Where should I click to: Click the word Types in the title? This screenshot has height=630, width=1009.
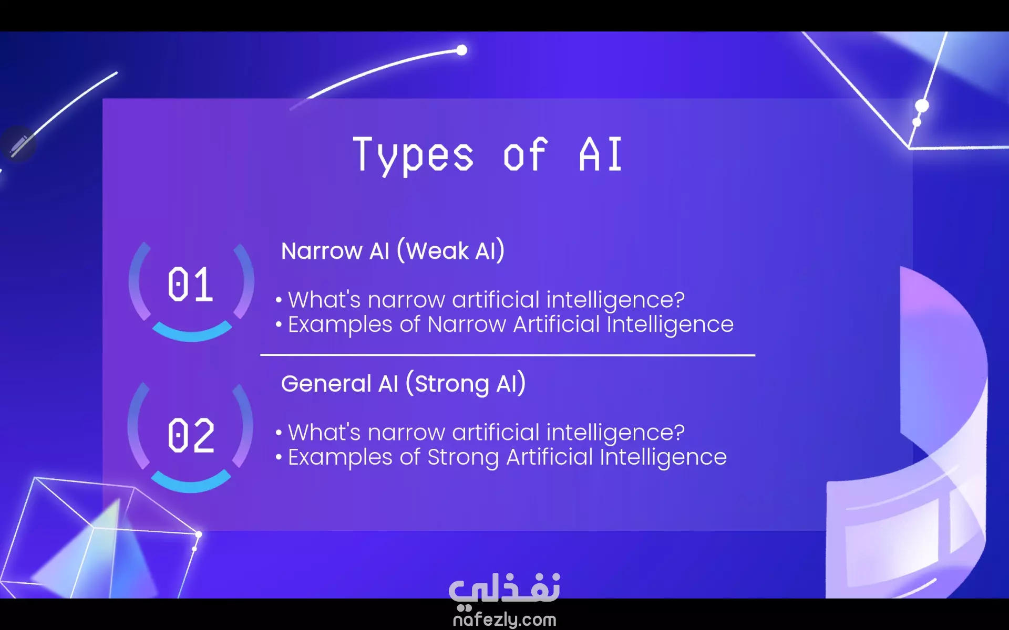tap(413, 155)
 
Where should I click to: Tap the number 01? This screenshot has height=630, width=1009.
tap(190, 285)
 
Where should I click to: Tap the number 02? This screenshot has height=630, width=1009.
tap(191, 435)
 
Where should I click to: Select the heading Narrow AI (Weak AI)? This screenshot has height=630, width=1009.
tap(393, 250)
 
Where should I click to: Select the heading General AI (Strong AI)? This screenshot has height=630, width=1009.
tap(403, 383)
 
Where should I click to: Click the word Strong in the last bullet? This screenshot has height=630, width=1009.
tap(463, 457)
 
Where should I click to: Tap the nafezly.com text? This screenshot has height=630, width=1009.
tap(504, 619)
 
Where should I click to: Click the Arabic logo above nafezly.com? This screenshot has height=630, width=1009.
tap(504, 589)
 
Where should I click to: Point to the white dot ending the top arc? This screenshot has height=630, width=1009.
tap(461, 50)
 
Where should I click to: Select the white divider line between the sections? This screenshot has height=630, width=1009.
tap(508, 355)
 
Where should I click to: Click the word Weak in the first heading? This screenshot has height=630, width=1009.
tap(437, 251)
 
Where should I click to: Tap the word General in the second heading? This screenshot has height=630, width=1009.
tap(326, 384)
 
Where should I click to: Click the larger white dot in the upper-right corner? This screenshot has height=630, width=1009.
tap(922, 106)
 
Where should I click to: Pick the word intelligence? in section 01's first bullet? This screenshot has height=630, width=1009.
tap(615, 300)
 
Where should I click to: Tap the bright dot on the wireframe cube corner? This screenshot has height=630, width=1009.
tap(199, 534)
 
